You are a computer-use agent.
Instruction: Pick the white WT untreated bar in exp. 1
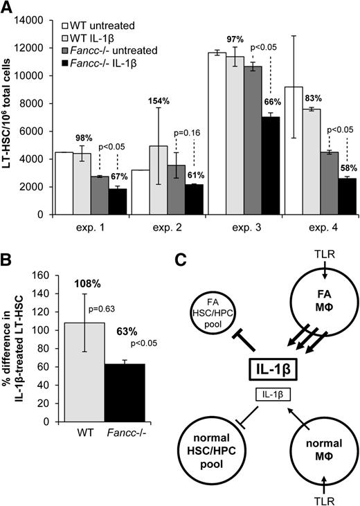click(64, 183)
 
